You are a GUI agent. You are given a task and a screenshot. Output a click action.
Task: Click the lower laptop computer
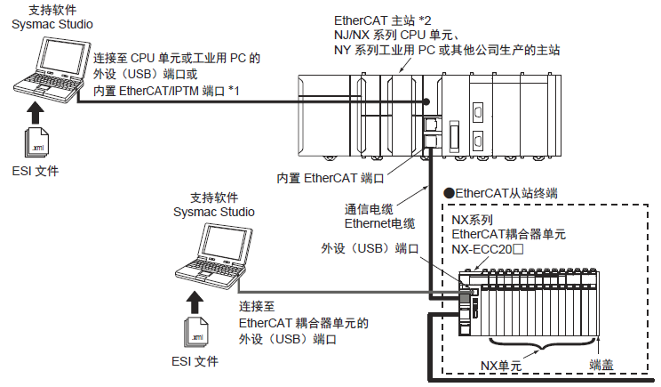[218, 258]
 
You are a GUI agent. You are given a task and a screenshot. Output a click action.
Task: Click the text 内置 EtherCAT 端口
[330, 177]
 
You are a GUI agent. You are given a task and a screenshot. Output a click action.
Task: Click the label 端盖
[603, 365]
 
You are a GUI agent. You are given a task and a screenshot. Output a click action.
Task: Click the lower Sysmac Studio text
[214, 212]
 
